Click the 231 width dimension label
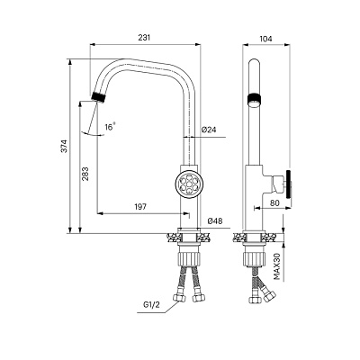(x=144, y=38)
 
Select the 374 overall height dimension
(x=65, y=146)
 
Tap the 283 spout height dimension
(x=85, y=174)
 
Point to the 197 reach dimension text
(x=140, y=207)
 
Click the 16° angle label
(x=110, y=127)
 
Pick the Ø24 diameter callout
(x=209, y=130)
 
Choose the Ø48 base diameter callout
(x=215, y=221)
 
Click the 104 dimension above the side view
(x=265, y=39)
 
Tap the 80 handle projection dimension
(x=274, y=203)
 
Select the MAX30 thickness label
(x=277, y=266)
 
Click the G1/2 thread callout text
(x=151, y=305)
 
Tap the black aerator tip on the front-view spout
(x=99, y=97)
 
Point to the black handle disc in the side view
(x=289, y=184)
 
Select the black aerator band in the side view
(x=255, y=99)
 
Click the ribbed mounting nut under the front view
(x=189, y=258)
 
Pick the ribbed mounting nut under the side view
(x=255, y=258)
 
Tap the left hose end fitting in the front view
(x=178, y=297)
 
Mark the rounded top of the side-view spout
(x=255, y=61)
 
